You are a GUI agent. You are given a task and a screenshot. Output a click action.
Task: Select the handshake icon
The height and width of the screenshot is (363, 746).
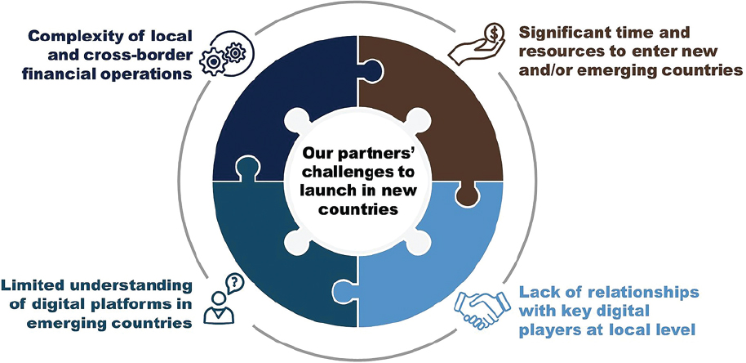tap(482, 307)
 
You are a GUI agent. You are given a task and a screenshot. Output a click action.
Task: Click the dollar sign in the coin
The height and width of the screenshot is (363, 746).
tap(494, 34)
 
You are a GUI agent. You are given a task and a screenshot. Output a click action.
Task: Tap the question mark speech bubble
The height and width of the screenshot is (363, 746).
tap(234, 284)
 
